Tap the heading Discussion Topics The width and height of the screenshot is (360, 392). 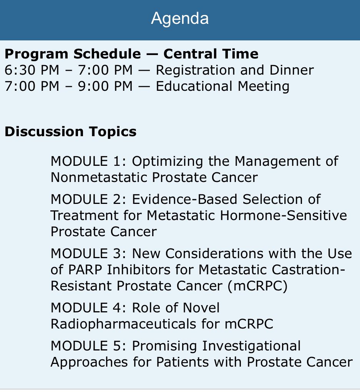click(71, 132)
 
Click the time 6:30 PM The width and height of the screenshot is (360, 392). click(32, 70)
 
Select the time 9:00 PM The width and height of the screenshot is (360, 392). click(105, 86)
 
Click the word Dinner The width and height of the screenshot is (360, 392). click(292, 70)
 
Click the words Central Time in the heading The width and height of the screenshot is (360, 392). click(211, 54)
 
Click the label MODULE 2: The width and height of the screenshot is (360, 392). click(88, 200)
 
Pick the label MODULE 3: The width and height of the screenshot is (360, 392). click(88, 254)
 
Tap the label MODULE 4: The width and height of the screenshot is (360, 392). click(88, 308)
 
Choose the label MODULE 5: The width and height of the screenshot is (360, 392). click(88, 346)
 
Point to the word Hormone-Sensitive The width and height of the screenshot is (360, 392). click(284, 216)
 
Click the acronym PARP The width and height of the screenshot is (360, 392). click(85, 270)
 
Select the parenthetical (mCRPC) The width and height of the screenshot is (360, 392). click(258, 286)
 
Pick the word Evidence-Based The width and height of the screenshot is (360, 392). click(184, 200)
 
